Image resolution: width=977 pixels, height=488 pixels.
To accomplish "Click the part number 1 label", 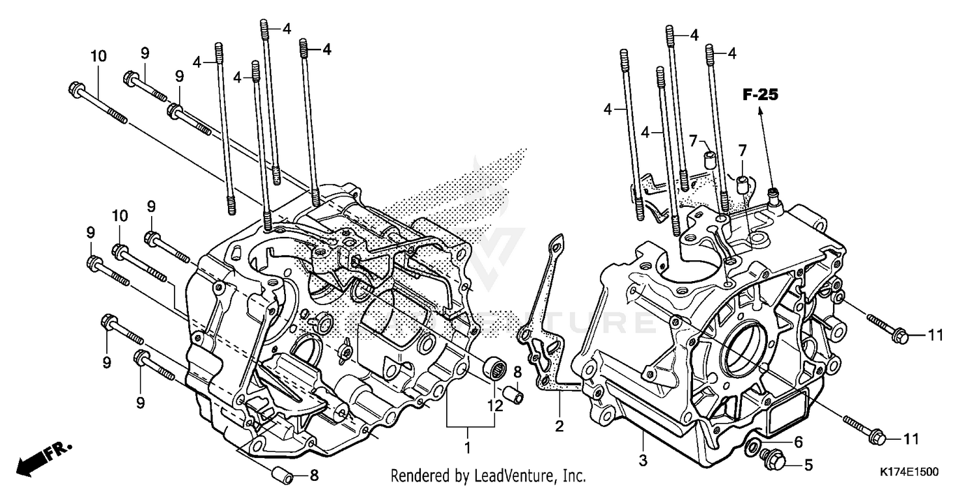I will pyautogui.click(x=467, y=447).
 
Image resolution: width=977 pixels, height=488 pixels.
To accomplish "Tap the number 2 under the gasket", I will pyautogui.click(x=559, y=426).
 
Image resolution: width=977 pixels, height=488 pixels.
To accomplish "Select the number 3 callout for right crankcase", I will pyautogui.click(x=643, y=461).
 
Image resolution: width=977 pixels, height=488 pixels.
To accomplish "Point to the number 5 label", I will pyautogui.click(x=808, y=465).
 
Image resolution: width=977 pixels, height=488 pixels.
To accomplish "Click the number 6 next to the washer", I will pyautogui.click(x=798, y=441).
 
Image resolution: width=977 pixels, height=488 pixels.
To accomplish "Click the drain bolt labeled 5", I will pyautogui.click(x=776, y=458).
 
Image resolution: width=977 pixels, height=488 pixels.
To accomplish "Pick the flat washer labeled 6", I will pyautogui.click(x=754, y=446).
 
